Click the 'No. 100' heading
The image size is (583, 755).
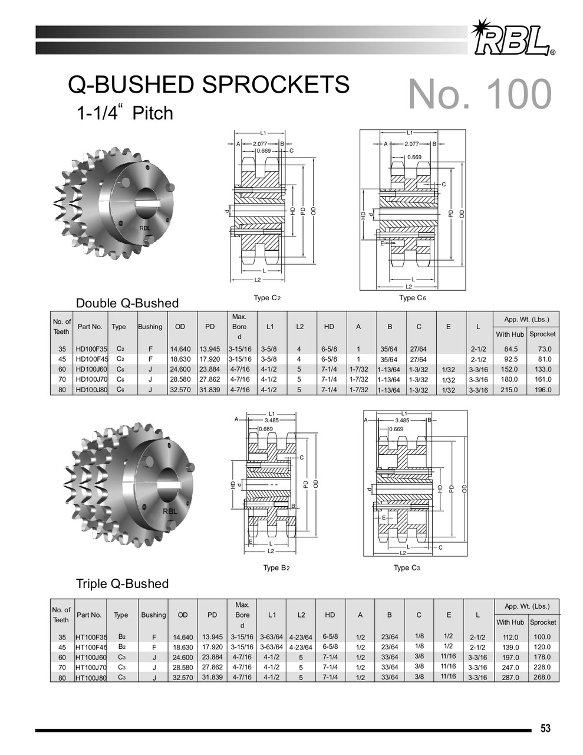click(x=479, y=94)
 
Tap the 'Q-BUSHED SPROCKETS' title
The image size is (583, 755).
click(x=209, y=86)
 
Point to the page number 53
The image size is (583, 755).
click(x=545, y=728)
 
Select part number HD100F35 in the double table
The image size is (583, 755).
click(x=91, y=349)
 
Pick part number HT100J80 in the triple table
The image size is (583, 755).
click(x=91, y=678)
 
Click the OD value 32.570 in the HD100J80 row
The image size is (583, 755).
click(x=180, y=390)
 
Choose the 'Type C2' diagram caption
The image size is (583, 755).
click(x=267, y=298)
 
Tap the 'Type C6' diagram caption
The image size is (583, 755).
click(x=412, y=298)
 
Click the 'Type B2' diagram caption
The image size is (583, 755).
click(x=276, y=568)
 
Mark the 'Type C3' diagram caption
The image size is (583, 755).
click(x=407, y=568)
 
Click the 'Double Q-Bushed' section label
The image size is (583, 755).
click(x=127, y=303)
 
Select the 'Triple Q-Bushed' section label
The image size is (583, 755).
click(x=122, y=583)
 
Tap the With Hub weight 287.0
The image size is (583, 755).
click(x=510, y=678)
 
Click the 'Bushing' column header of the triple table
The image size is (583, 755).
click(x=153, y=615)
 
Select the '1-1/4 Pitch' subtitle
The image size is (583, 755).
click(x=125, y=112)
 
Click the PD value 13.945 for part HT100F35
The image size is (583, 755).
click(x=212, y=637)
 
